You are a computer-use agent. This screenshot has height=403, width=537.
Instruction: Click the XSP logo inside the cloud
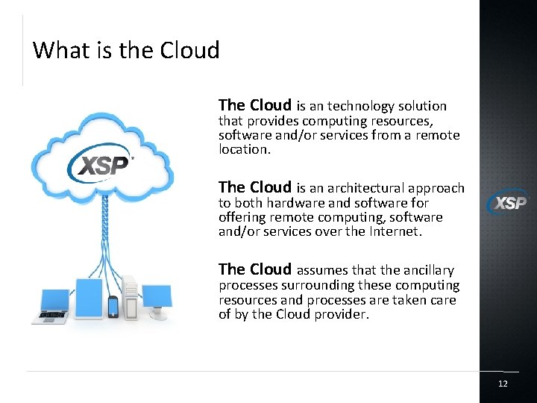click(x=100, y=163)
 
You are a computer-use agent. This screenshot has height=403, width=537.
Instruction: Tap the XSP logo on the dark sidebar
click(x=508, y=201)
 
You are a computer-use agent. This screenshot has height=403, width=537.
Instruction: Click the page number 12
click(x=503, y=384)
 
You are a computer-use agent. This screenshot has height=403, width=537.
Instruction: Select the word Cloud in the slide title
click(x=189, y=50)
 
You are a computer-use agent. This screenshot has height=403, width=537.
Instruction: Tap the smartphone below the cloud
click(x=113, y=306)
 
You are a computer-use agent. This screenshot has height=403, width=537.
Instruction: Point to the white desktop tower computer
click(x=131, y=296)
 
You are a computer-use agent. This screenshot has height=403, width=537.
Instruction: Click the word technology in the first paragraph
click(x=362, y=107)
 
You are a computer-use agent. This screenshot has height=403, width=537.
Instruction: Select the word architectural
click(x=359, y=188)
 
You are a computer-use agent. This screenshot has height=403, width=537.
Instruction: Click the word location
click(x=244, y=149)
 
